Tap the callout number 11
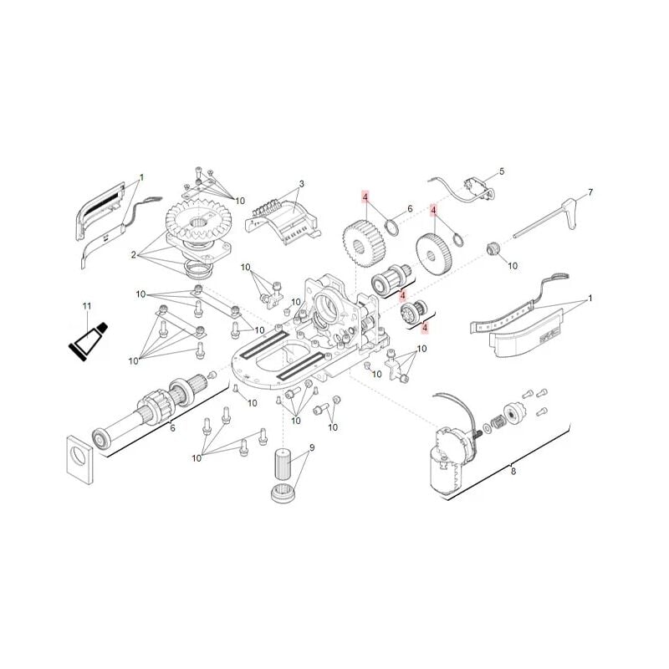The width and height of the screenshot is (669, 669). click(86, 307)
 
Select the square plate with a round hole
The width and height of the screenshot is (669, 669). click(79, 459)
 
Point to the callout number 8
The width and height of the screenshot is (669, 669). click(513, 472)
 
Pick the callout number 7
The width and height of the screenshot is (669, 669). click(590, 192)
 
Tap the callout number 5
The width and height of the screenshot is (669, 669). click(502, 171)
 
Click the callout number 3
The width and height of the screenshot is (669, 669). click(301, 184)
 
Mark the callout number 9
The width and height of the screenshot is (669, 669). click(311, 448)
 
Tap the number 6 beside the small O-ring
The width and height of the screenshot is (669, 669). click(410, 209)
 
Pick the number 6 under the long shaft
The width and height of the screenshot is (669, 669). click(173, 428)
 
